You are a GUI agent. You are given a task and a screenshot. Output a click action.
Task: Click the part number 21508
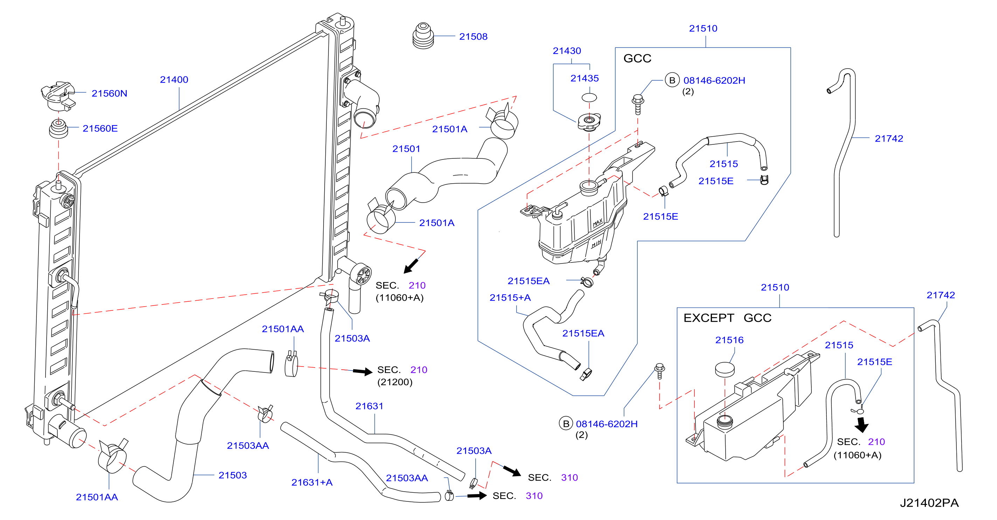(473, 37)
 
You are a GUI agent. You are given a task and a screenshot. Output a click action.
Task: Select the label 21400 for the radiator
(174, 80)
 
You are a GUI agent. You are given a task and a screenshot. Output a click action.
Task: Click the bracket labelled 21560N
(58, 96)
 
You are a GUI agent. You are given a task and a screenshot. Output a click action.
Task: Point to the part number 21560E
(100, 129)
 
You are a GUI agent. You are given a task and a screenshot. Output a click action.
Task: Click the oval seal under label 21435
(589, 97)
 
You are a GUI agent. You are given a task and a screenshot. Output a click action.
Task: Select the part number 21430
(567, 51)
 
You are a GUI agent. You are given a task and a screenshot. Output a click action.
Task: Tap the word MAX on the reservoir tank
(597, 223)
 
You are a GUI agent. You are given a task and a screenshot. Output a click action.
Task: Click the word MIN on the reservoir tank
(596, 244)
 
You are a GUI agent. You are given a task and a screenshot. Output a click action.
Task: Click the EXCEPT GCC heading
(727, 318)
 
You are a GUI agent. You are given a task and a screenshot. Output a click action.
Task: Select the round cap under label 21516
(725, 369)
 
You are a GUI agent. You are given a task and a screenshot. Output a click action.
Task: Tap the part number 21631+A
(312, 483)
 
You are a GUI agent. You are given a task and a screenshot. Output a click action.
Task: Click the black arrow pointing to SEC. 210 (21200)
(363, 372)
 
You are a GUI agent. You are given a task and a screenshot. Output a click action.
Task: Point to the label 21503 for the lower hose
(233, 475)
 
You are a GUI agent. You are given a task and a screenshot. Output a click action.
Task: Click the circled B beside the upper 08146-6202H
(672, 80)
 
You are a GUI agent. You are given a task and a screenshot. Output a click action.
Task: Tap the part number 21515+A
(510, 298)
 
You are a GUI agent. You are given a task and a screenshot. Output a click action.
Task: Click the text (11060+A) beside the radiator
(400, 298)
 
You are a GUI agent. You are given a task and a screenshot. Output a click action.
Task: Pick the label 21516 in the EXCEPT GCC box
(729, 340)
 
